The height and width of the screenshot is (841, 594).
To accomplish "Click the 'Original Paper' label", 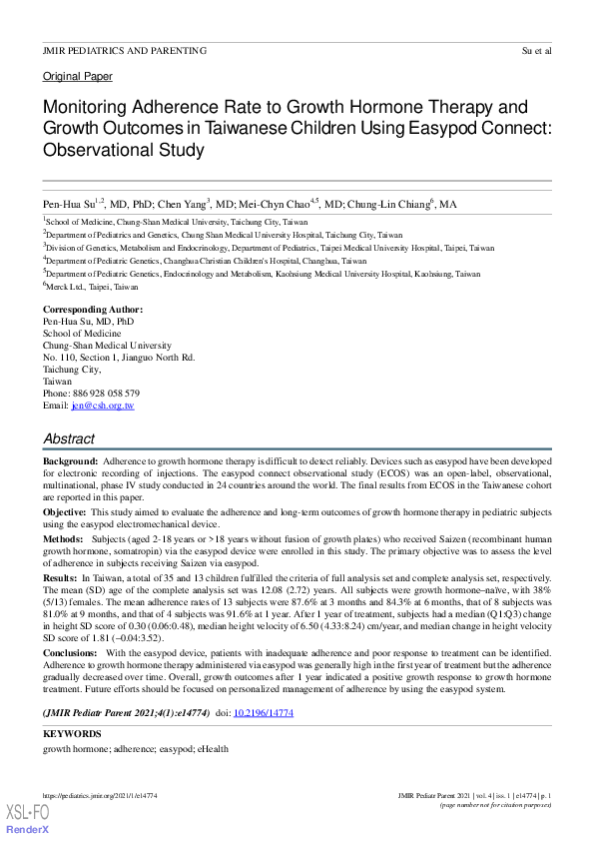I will tap(77, 76).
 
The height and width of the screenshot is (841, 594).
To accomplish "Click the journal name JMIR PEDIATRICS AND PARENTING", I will tap(125, 50).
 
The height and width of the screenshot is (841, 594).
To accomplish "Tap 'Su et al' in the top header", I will tap(536, 50).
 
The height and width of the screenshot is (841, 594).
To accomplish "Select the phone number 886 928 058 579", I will tap(106, 394).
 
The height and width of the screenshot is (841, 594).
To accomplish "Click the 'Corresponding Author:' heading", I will tap(92, 310).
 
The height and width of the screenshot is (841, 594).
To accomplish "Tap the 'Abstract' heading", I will tap(69, 438).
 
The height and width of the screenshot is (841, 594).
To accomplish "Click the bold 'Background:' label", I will tap(70, 461).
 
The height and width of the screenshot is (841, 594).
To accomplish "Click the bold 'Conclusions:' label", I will tap(73, 651).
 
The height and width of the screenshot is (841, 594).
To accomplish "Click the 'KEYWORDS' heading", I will tap(72, 734).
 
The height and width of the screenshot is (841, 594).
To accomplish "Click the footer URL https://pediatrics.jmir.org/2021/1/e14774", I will tap(100, 795).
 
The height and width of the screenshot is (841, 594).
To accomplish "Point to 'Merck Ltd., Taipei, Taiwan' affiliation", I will tap(92, 284).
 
